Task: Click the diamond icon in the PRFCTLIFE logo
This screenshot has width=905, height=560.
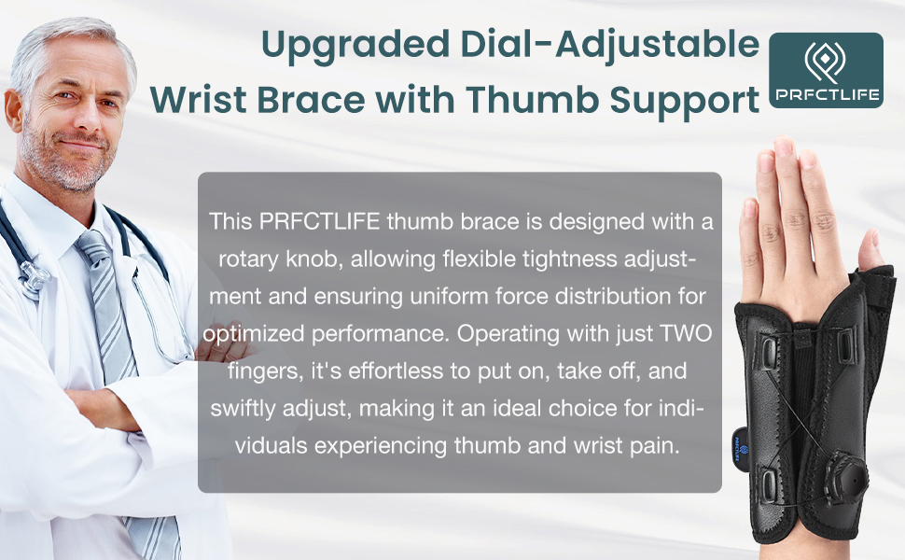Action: (x=826, y=63)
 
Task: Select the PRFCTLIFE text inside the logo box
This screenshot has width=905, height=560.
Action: (x=826, y=95)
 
